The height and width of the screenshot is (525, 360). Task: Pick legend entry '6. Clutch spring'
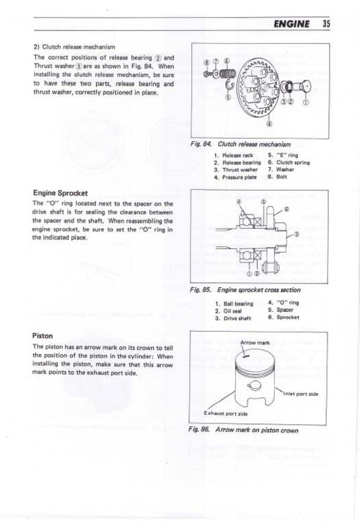(289, 162)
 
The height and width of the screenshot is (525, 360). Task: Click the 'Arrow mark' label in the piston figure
(255, 343)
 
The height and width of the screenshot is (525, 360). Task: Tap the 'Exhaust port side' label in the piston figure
(225, 413)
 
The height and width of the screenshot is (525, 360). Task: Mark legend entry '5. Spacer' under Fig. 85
(284, 310)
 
